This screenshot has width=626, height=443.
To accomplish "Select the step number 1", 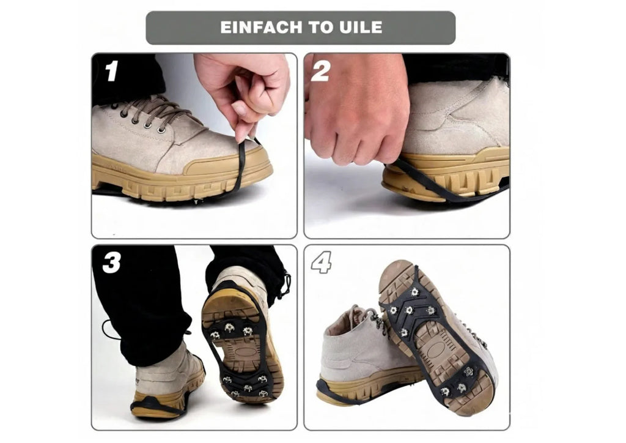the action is [x=111, y=71].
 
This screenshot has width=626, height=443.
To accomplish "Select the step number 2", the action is [x=320, y=71].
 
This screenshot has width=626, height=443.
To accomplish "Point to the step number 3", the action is [x=111, y=263].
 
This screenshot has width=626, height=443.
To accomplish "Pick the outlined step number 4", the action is [x=322, y=262].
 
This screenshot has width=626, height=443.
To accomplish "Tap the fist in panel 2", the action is [x=355, y=108].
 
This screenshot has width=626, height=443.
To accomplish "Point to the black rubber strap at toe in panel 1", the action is [x=241, y=168].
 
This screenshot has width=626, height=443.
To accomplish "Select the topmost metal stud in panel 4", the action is [x=414, y=292].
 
